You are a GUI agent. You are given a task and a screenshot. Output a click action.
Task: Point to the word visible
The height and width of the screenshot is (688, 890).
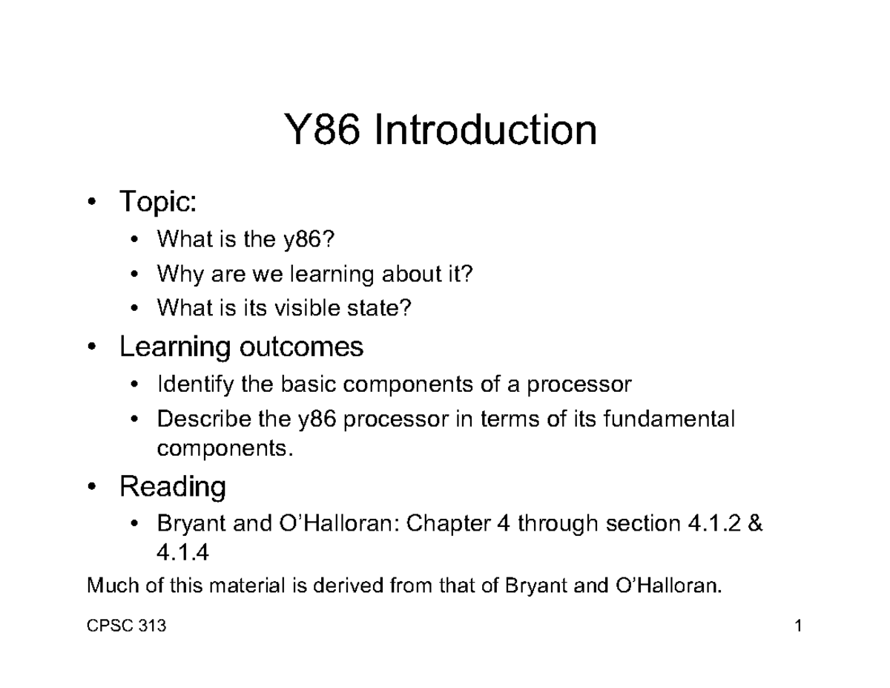(307, 309)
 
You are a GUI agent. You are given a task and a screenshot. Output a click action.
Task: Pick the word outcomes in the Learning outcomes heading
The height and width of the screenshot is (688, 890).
(301, 347)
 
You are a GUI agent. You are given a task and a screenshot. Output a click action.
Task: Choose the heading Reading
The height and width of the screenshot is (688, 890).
(173, 487)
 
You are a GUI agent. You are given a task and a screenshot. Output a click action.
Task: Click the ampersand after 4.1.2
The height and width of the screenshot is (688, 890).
(756, 525)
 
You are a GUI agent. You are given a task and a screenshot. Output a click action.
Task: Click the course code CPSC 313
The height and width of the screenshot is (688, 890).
(126, 627)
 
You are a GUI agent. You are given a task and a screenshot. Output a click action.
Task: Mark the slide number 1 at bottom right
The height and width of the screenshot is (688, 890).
(799, 627)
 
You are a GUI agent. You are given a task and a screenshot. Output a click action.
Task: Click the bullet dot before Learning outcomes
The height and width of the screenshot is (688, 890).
(91, 347)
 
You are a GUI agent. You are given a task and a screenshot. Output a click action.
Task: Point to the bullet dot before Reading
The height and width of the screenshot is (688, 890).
(91, 488)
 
